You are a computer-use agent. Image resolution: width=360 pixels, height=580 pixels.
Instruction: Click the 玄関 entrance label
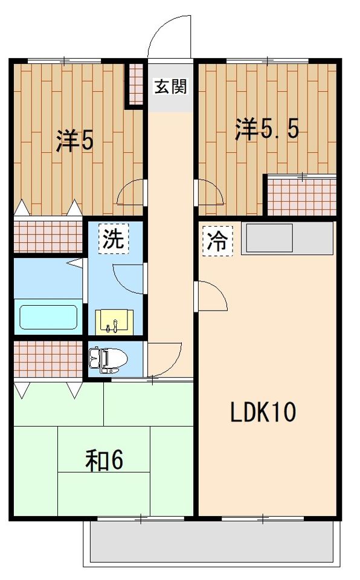(x=170, y=87)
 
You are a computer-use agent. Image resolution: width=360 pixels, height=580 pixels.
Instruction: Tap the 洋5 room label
(x=75, y=140)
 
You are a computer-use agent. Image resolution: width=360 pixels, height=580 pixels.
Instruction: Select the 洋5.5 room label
(x=266, y=129)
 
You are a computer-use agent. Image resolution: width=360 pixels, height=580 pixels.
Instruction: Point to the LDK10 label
(x=262, y=413)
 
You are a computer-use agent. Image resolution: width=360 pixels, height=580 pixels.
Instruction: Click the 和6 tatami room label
(x=104, y=460)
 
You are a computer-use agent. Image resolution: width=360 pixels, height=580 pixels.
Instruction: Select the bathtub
(x=48, y=316)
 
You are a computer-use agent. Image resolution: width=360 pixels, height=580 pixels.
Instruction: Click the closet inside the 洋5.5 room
(x=301, y=195)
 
